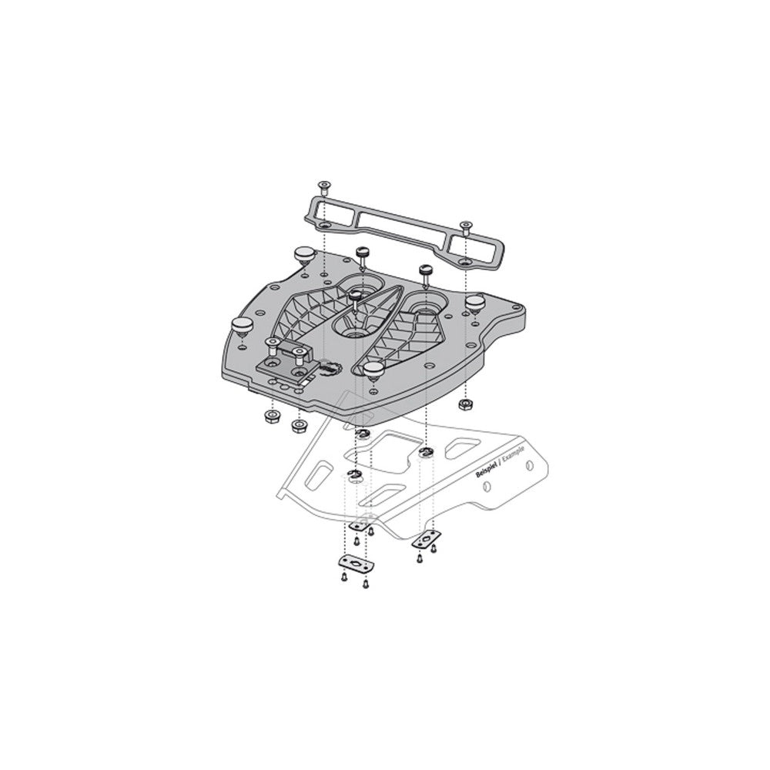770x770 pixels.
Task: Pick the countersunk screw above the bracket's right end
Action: tap(464, 226)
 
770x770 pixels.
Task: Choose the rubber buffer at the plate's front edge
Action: tap(373, 371)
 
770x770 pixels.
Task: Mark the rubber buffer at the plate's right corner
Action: tap(474, 300)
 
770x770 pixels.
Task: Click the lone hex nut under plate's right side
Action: tap(464, 404)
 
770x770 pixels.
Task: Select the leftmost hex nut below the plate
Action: tap(270, 417)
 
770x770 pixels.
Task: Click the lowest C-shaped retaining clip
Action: tap(354, 474)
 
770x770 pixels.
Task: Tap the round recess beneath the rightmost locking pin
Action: tap(424, 313)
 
